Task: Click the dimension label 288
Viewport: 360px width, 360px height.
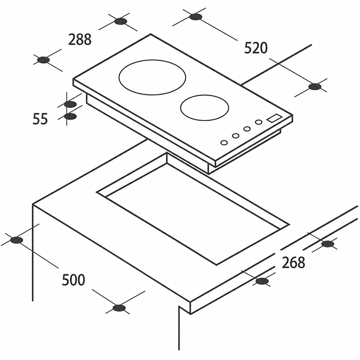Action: [80, 39]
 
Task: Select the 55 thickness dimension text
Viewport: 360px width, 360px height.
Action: [40, 119]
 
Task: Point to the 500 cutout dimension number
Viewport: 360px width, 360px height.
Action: [73, 285]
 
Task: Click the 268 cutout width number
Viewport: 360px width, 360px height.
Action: [293, 262]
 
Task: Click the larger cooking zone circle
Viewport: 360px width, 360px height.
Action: [152, 60]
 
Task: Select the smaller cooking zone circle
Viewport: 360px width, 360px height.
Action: [205, 95]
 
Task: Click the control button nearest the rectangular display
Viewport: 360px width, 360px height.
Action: [259, 122]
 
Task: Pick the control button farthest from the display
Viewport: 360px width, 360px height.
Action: [224, 142]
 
